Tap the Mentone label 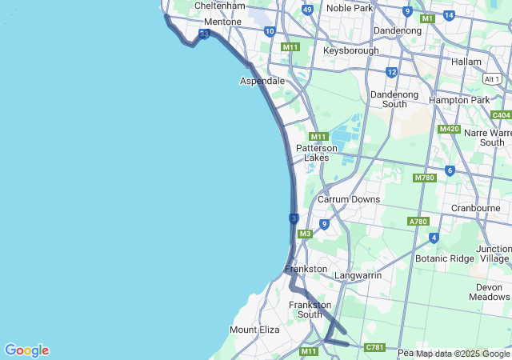[222, 22]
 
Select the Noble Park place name [350, 8]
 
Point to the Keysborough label [350, 50]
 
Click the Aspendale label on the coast [262, 82]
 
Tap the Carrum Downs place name [349, 199]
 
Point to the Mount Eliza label [254, 330]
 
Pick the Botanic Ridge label [445, 258]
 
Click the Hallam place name [466, 62]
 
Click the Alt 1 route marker [493, 78]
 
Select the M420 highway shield [449, 129]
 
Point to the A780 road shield [418, 222]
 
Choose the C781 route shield [374, 347]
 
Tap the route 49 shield [307, 10]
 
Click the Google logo [26, 350]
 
